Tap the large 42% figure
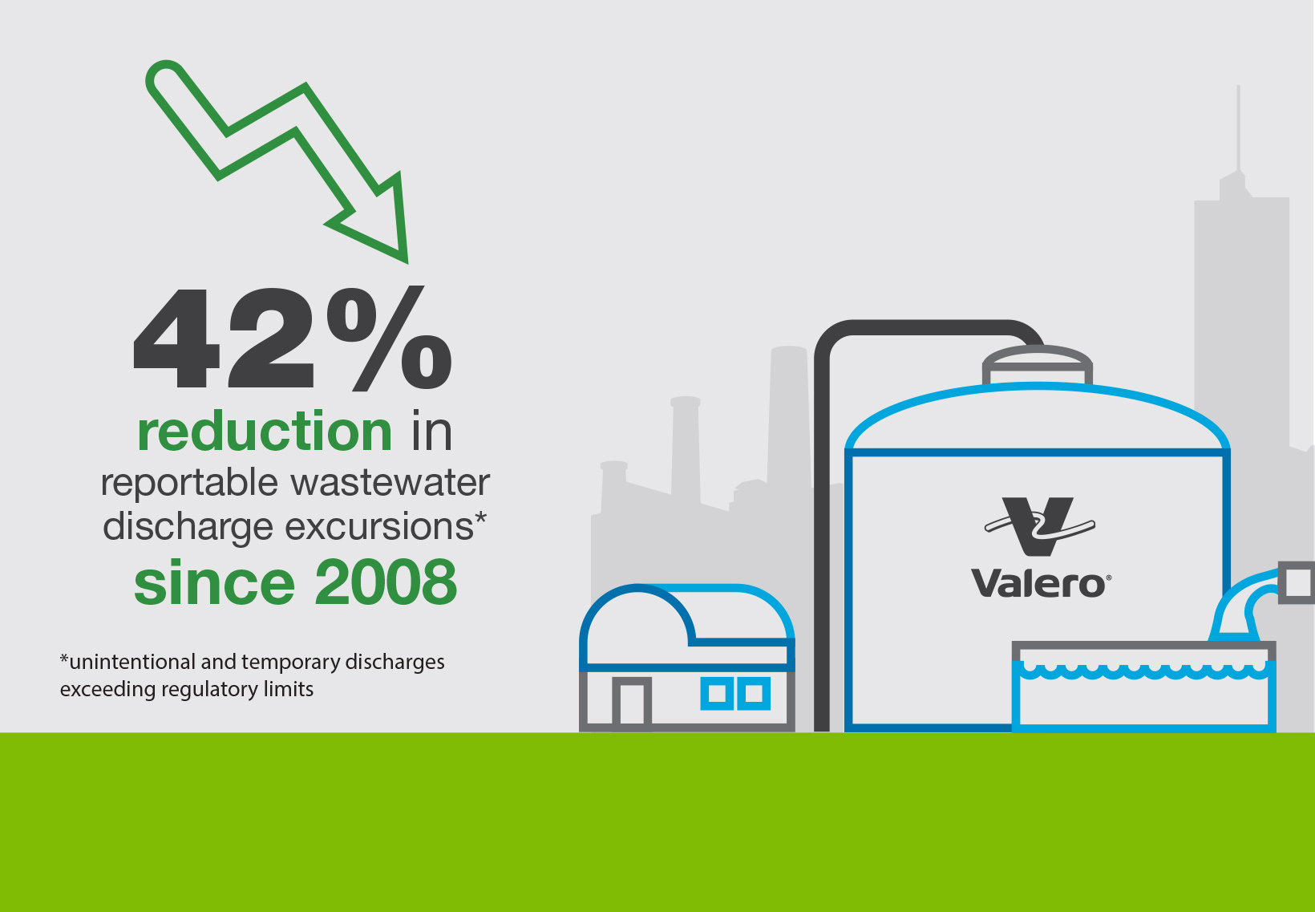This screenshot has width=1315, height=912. point(293,340)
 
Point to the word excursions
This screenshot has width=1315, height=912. point(380,527)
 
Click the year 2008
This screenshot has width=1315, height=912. point(386,582)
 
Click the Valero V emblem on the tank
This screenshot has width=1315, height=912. point(1039,526)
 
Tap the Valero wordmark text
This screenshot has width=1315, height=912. point(1039,583)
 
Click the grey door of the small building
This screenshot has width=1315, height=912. point(632,703)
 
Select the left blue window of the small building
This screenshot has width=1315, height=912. point(716,693)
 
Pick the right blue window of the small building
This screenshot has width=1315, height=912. point(755,693)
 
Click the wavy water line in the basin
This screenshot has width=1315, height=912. point(1143,670)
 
